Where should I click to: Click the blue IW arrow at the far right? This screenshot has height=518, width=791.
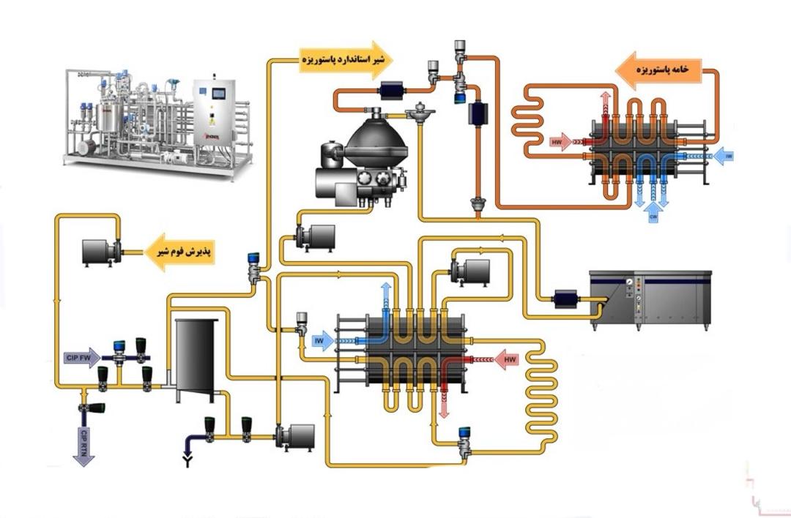coord(724,155)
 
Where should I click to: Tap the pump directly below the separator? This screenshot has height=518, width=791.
coord(315,236)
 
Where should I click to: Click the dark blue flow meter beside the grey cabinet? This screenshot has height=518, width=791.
coord(567,298)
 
